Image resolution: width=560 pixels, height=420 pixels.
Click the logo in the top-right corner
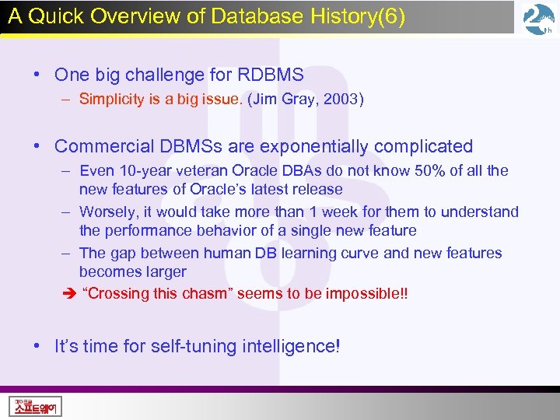(x=539, y=19)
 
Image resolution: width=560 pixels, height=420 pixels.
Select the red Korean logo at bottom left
(x=35, y=405)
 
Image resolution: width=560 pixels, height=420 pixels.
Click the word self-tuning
(x=187, y=346)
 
